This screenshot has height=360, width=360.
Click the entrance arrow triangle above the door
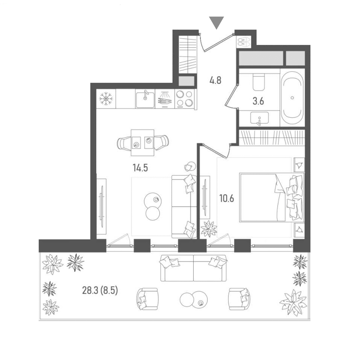[x=216, y=22]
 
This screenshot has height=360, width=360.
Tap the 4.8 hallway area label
[x=215, y=81]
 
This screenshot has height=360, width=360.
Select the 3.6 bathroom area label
[x=258, y=101]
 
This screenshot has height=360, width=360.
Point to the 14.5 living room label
[x=140, y=168]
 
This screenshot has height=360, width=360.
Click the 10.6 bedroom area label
[x=227, y=198]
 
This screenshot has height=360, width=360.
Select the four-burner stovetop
[x=184, y=99]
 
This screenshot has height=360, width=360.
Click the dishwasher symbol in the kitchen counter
[x=165, y=99]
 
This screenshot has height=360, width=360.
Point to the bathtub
[x=292, y=97]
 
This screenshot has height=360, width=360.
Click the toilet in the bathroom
[x=259, y=82]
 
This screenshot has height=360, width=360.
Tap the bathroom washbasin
[x=260, y=118]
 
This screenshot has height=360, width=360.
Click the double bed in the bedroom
[x=272, y=197]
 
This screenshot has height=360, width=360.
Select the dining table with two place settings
[x=142, y=142]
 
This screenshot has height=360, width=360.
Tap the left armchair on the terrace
[x=147, y=299]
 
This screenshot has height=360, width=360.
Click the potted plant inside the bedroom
[x=209, y=228]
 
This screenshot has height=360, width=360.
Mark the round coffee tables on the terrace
[x=194, y=300]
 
